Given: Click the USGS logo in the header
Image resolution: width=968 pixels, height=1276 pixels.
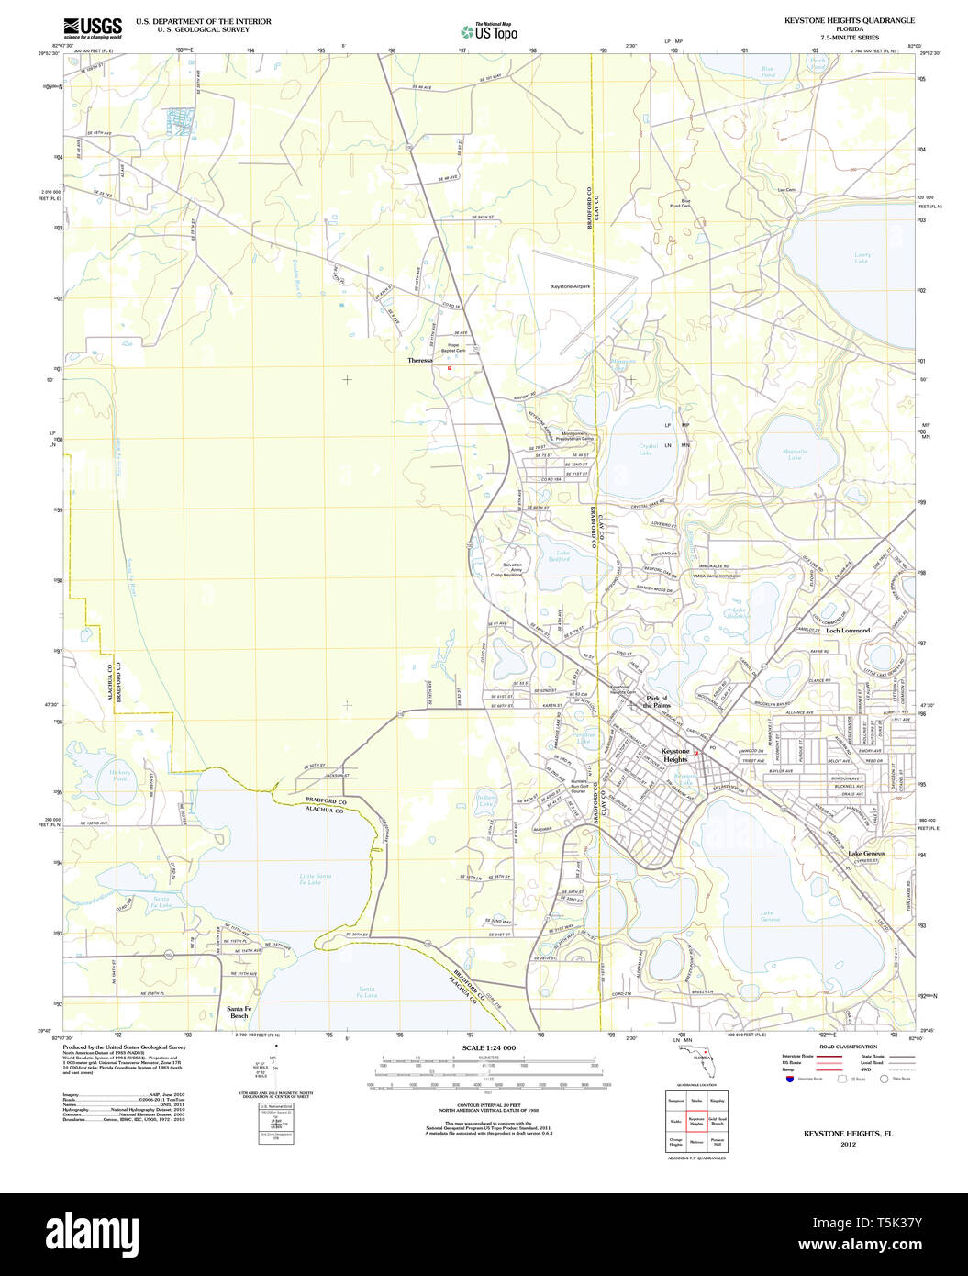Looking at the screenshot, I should pos(92,27).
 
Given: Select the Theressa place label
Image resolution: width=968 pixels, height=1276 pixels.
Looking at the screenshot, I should pos(419,361).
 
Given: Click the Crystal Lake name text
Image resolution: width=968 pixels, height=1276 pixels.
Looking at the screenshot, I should pos(645,449).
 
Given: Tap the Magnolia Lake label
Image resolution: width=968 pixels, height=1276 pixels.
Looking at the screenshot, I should pos(795,453).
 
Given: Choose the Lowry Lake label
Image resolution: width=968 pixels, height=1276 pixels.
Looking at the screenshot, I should pos(862,258).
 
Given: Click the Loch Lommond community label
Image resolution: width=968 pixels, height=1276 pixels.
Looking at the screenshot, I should pos(847,631).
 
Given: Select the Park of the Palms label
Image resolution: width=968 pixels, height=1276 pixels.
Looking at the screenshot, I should pos(657,701).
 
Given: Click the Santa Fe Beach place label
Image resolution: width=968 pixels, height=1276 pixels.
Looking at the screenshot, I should pos(239,1012).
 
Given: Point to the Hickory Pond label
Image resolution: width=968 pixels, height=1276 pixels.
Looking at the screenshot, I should pos(120,775).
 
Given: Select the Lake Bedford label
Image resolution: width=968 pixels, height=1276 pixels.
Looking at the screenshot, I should pos(562,555).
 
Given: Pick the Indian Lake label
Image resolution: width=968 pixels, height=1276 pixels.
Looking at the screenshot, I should pos(485,800).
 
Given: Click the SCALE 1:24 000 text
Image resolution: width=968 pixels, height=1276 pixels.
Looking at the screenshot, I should pos(489,1047).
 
